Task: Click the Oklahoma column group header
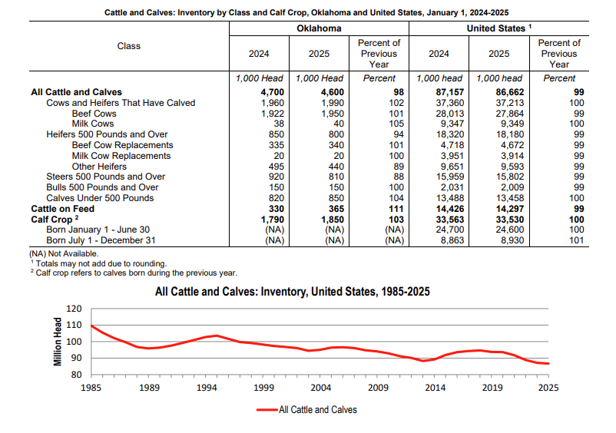tap(319, 28)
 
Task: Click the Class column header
tap(129, 46)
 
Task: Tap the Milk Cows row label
tap(93, 124)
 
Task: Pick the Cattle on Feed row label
tap(61, 208)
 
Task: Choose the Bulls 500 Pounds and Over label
tap(102, 187)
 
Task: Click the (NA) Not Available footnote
tap(65, 253)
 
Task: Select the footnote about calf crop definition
tap(134, 273)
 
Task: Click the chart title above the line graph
tap(292, 292)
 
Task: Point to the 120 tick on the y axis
tap(74, 309)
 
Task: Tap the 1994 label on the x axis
tap(206, 388)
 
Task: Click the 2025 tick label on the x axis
tap(548, 388)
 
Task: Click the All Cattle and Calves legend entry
tap(307, 410)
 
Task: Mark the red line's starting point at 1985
tap(91, 326)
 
